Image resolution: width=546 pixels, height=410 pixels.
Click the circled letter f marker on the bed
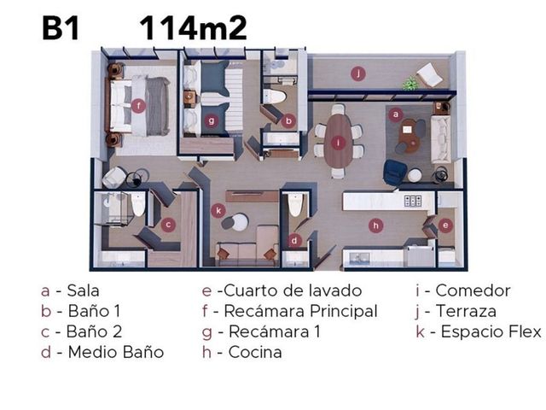click(138, 105)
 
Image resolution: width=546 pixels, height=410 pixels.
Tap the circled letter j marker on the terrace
click(358, 73)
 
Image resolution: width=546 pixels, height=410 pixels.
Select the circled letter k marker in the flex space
click(218, 211)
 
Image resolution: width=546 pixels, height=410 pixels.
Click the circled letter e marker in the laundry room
click(445, 225)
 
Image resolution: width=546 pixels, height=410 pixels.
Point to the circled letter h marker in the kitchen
click(375, 225)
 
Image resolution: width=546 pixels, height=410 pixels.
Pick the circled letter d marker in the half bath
click(294, 240)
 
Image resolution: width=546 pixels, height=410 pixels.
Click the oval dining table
click(338, 140)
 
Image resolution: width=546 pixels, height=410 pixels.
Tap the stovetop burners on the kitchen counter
click(413, 201)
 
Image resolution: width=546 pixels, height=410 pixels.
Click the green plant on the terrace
click(410, 84)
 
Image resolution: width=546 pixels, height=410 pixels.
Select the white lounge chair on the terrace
click(429, 75)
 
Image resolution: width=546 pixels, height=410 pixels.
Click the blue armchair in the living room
click(395, 173)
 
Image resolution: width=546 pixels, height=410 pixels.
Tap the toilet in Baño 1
click(274, 97)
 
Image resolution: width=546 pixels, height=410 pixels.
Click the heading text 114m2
click(194, 28)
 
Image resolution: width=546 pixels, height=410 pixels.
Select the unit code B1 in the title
click(61, 28)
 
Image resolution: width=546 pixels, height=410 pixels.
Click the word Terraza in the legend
click(466, 311)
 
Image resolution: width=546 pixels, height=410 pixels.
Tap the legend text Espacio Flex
click(491, 331)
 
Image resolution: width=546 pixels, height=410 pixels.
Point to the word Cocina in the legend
click(255, 352)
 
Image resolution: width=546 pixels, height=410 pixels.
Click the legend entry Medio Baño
click(116, 352)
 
